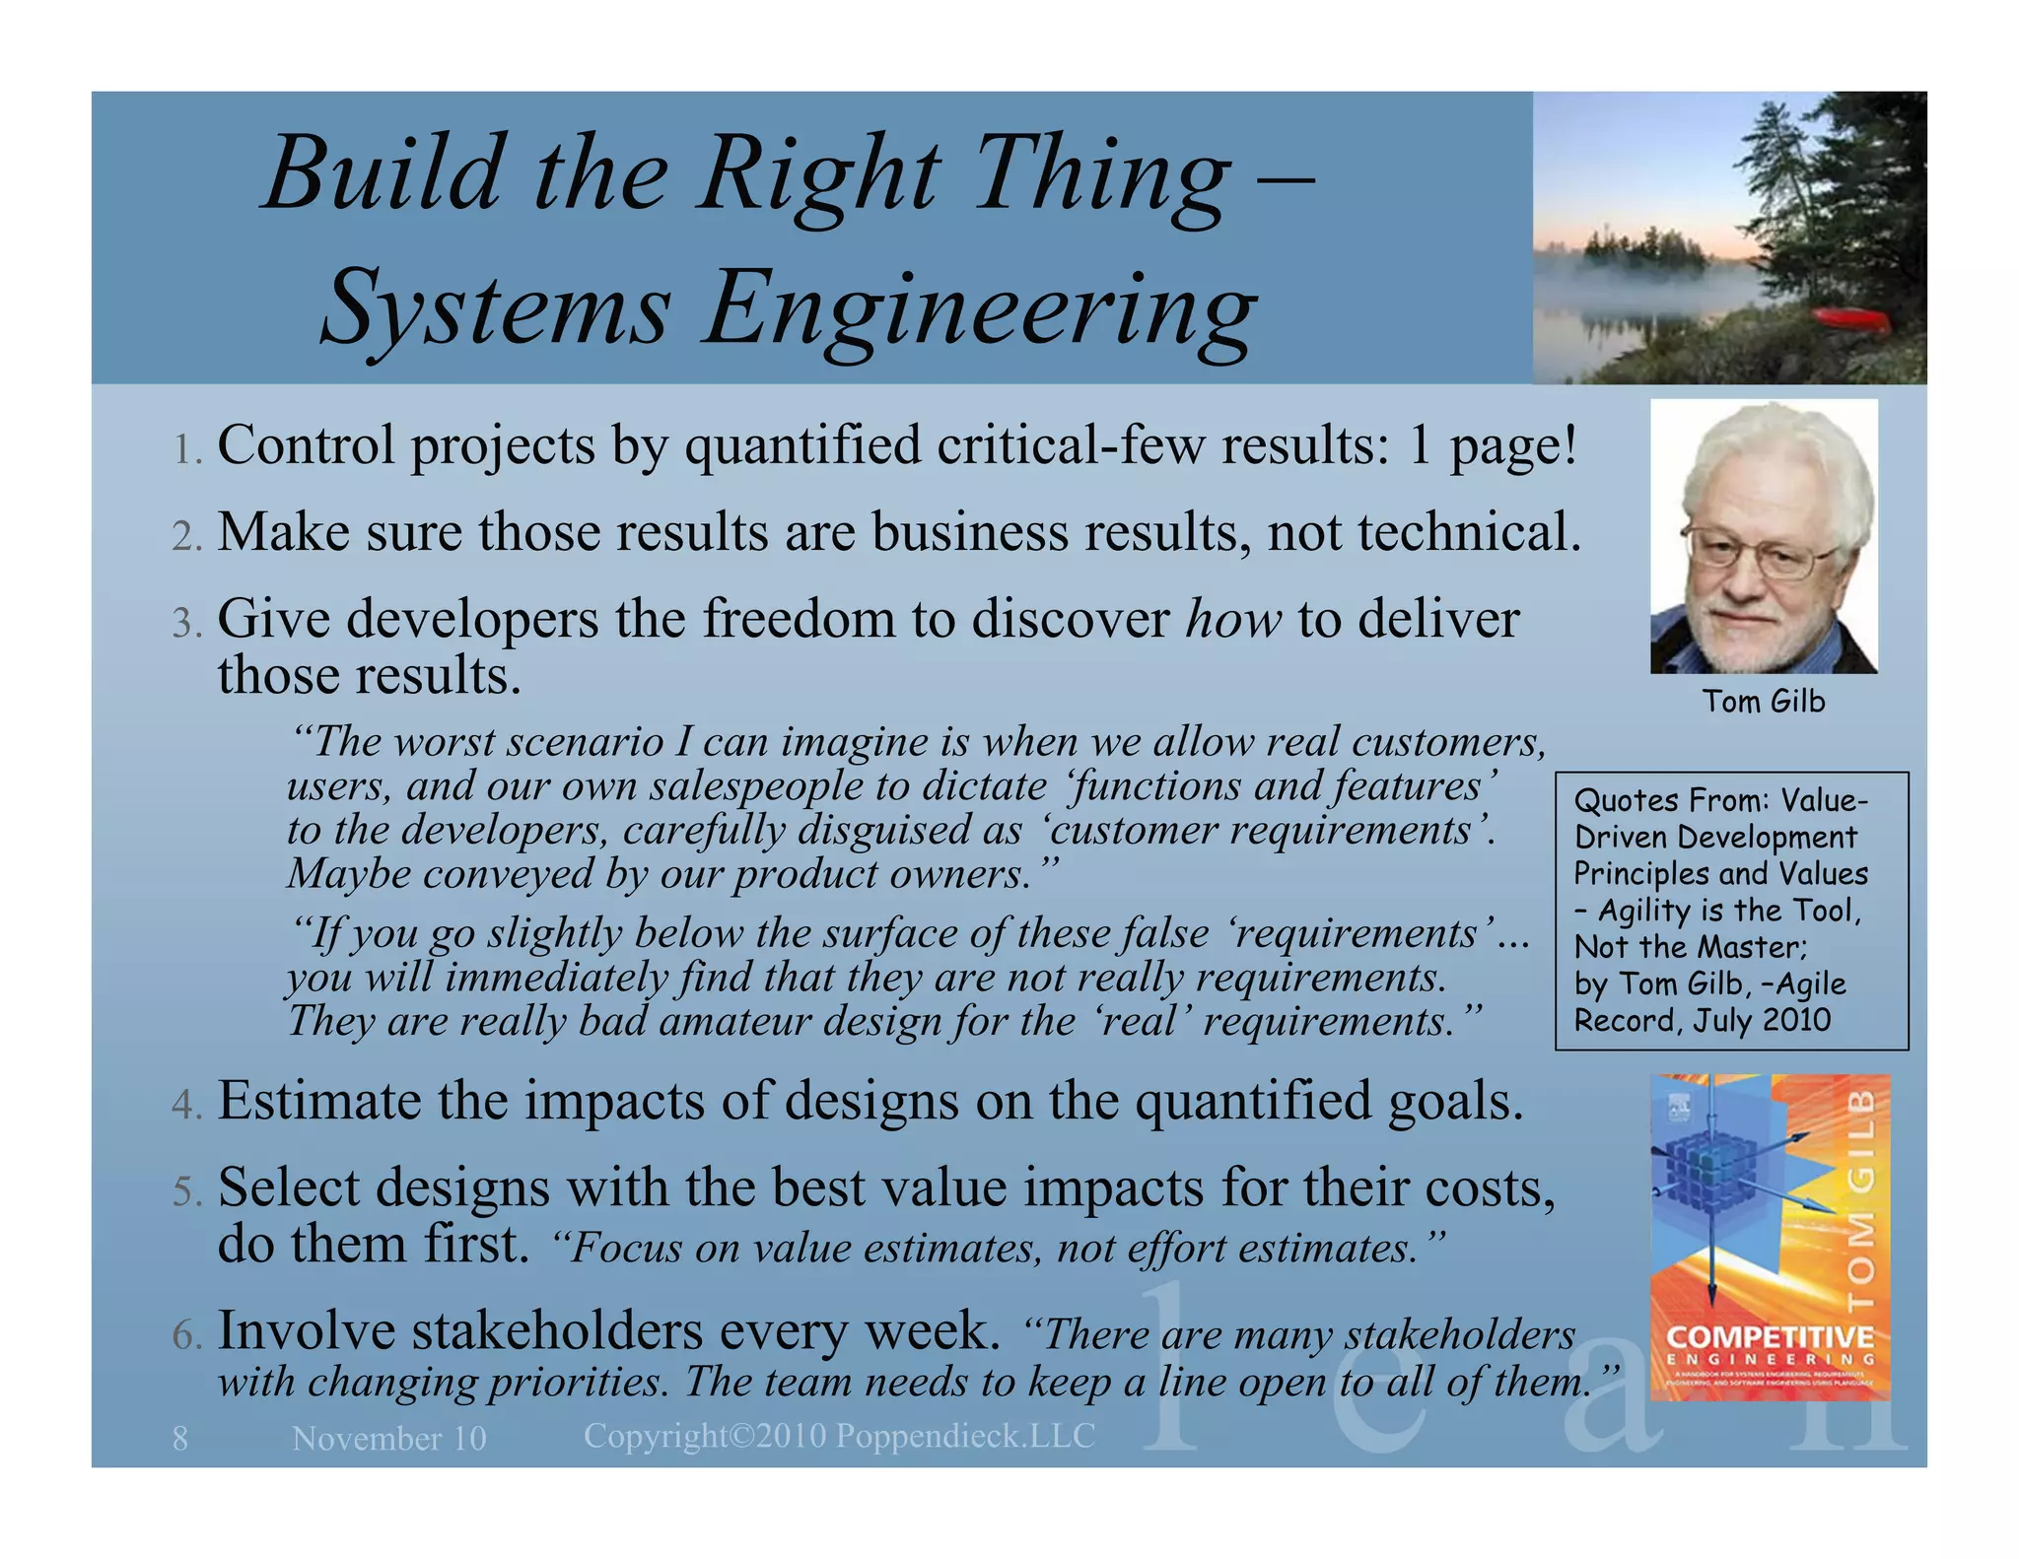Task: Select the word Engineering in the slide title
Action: (x=981, y=309)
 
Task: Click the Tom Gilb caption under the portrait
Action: (x=1764, y=702)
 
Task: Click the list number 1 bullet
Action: (x=186, y=449)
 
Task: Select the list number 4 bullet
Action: (x=186, y=1105)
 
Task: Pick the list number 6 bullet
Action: (x=186, y=1334)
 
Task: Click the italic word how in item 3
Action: (x=1233, y=620)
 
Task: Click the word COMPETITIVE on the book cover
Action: (x=1770, y=1337)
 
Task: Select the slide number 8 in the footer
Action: (x=179, y=1439)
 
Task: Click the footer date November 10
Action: (x=389, y=1439)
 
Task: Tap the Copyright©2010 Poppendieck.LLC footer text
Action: (x=839, y=1436)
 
